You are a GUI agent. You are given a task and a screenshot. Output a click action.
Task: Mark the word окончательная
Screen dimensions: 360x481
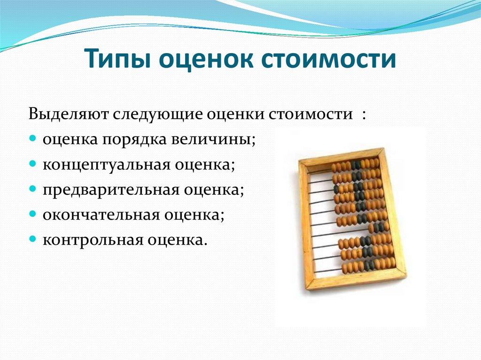(104, 215)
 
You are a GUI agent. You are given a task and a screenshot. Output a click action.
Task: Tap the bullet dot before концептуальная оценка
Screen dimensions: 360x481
(33, 165)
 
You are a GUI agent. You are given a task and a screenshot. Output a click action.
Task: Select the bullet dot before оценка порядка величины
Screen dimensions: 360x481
(33, 140)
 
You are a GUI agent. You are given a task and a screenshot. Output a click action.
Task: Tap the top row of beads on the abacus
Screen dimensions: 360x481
(355, 165)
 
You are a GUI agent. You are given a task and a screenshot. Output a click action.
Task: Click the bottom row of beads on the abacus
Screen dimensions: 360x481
(368, 266)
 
